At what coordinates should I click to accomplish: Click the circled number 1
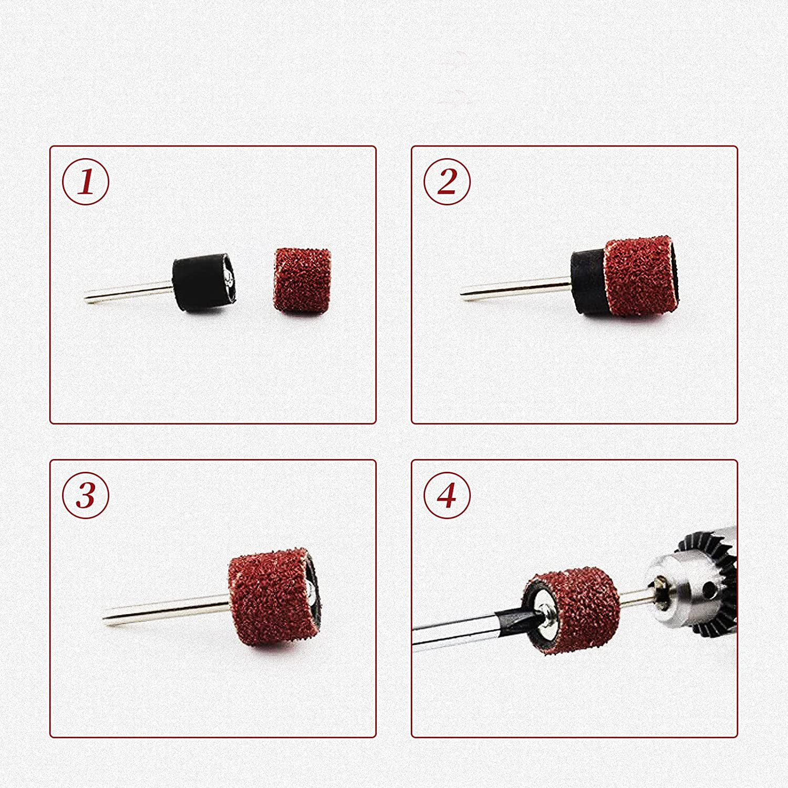pos(86,181)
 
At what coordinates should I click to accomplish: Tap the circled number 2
pos(447,181)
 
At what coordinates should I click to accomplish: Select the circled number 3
pos(86,495)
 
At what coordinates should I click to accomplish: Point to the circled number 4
pos(447,495)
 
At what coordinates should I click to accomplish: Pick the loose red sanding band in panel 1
pos(302,282)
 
